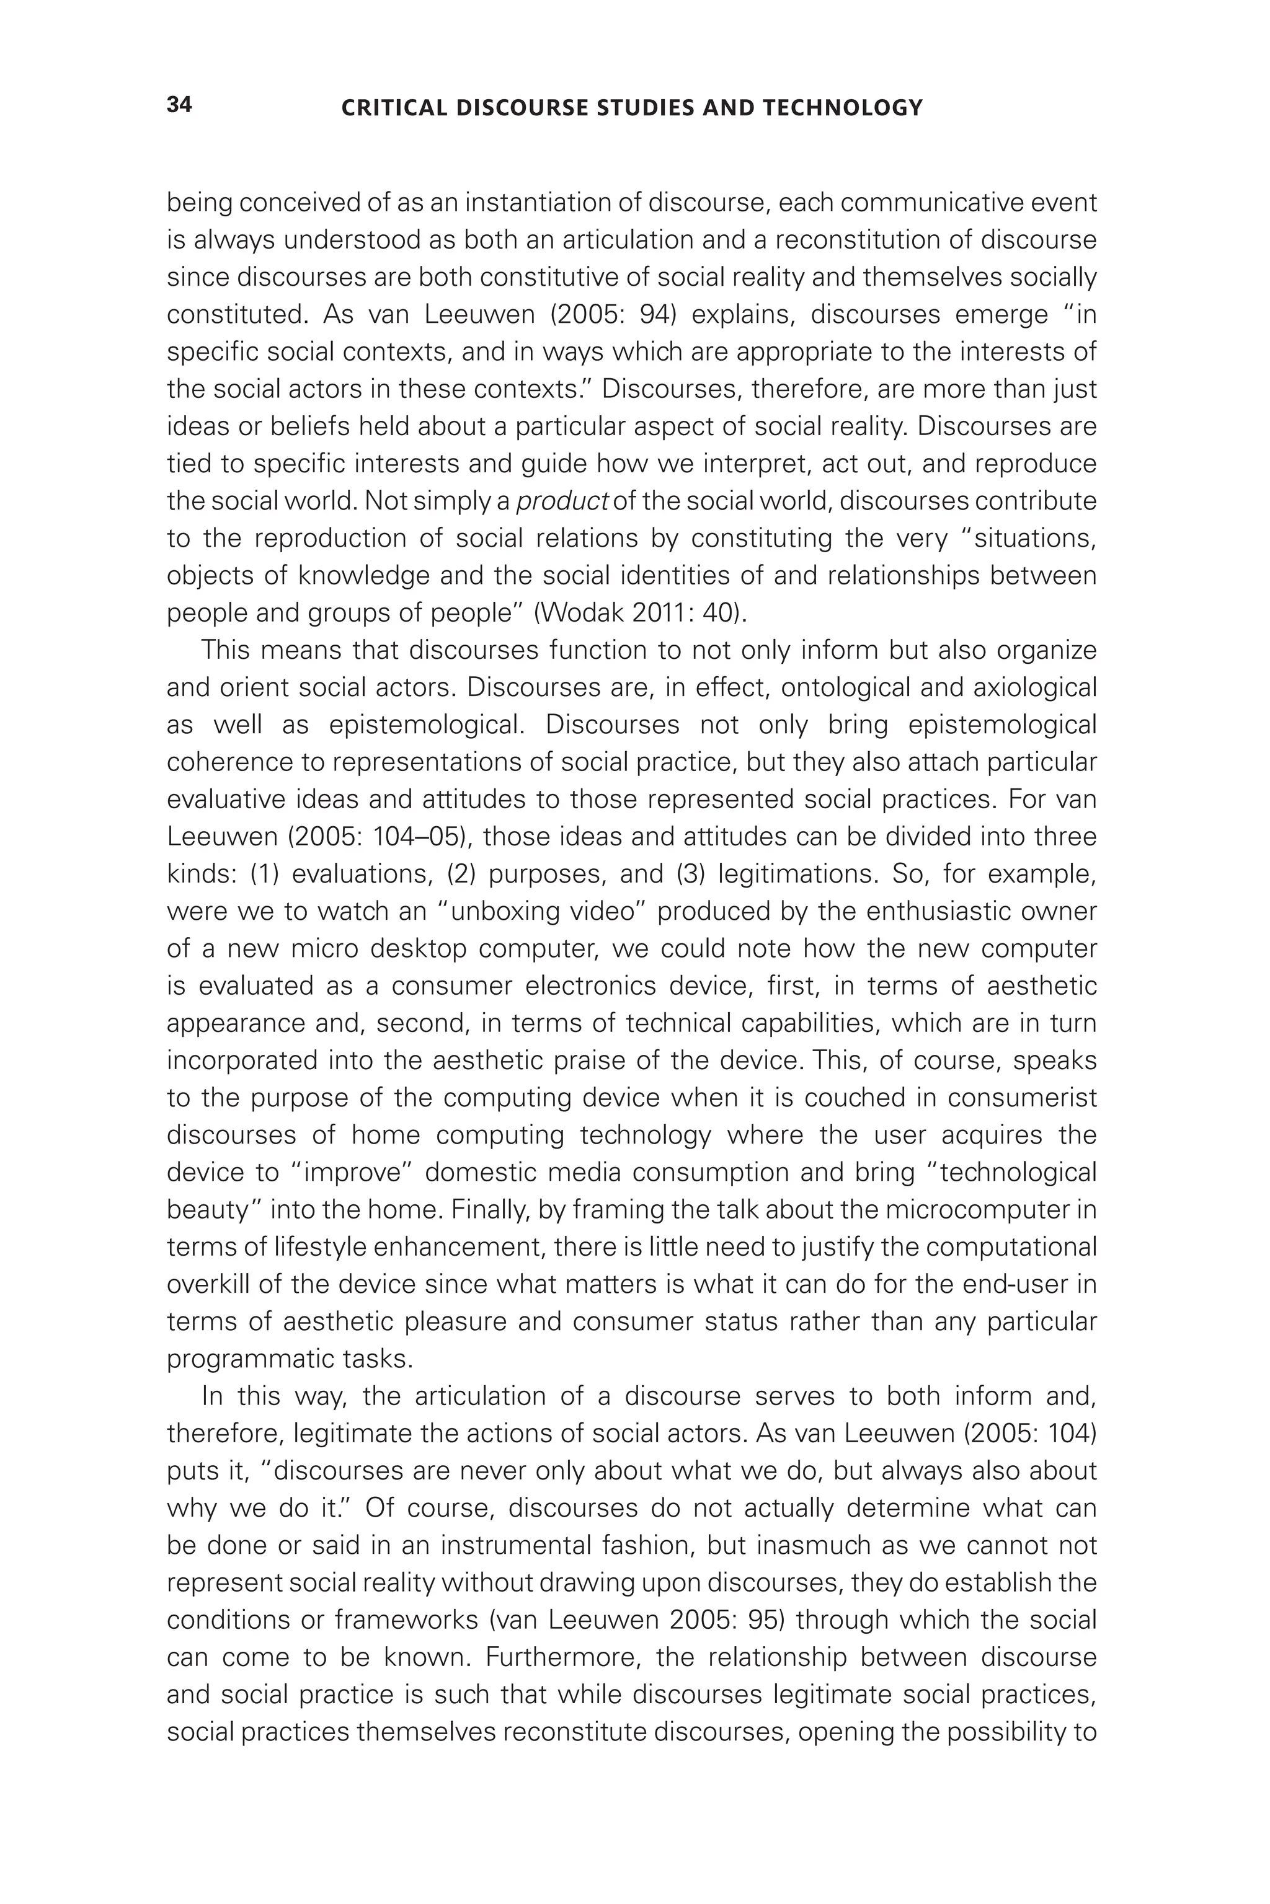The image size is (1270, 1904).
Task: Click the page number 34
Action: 179,105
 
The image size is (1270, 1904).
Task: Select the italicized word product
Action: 562,501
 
